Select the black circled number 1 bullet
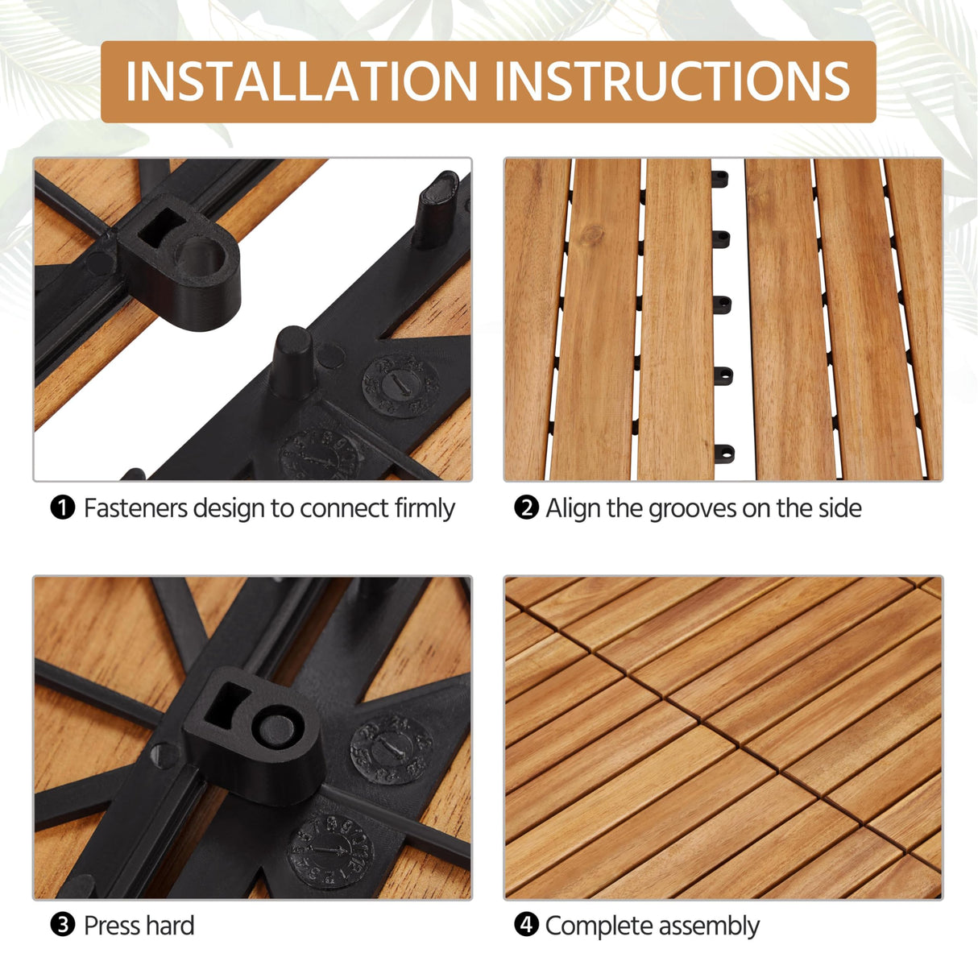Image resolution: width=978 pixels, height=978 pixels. [62, 508]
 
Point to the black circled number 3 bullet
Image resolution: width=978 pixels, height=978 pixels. [62, 926]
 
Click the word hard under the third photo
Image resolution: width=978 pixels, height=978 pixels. [170, 926]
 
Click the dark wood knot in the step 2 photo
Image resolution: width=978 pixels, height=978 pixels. [594, 236]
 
